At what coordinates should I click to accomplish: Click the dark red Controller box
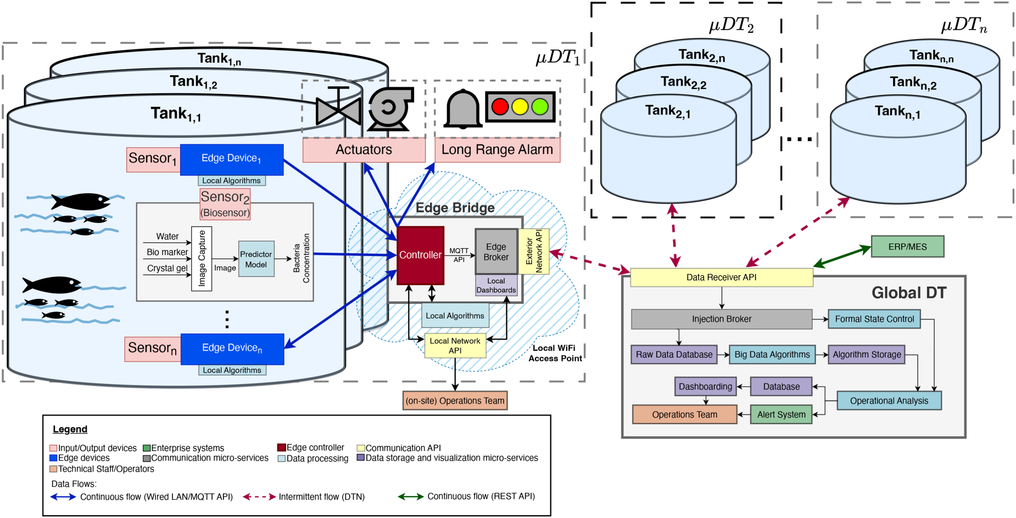pos(420,255)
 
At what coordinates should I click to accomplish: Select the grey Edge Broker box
pos(496,252)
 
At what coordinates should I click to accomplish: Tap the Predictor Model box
pos(256,259)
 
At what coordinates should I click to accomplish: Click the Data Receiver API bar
pos(722,277)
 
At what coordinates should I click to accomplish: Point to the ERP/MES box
pos(907,247)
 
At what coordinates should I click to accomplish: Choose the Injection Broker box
pos(722,319)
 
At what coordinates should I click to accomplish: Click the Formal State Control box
pos(874,319)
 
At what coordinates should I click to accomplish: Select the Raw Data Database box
pos(674,355)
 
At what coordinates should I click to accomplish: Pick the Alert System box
pos(781,415)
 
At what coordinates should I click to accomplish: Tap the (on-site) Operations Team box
pos(455,400)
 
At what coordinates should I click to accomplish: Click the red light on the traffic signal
pos(500,107)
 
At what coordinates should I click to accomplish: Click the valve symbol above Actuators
pos(339,107)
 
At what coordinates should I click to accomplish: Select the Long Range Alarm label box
pos(498,150)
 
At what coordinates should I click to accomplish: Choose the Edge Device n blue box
pos(232,349)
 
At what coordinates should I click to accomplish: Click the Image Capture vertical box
pos(202,258)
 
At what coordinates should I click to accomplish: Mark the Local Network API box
pos(455,346)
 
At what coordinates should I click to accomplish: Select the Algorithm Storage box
pos(867,355)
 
